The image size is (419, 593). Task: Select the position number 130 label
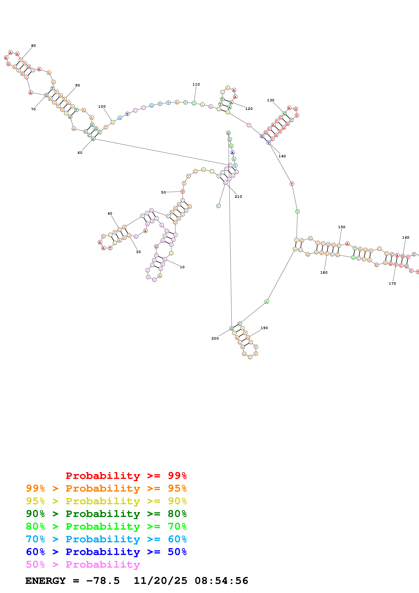271,100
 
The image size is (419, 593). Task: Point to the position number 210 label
238,197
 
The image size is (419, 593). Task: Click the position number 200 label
215,338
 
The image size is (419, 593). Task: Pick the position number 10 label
182,267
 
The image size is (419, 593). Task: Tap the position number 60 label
80,153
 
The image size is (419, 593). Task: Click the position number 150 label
342,227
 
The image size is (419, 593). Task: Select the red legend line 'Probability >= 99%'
126,476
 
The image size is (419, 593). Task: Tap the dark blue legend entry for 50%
106,552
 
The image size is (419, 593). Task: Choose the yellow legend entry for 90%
106,501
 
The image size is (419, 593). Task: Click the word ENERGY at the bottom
45,581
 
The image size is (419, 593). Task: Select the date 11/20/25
160,581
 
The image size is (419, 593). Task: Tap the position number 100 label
102,106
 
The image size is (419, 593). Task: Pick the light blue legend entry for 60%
106,539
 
